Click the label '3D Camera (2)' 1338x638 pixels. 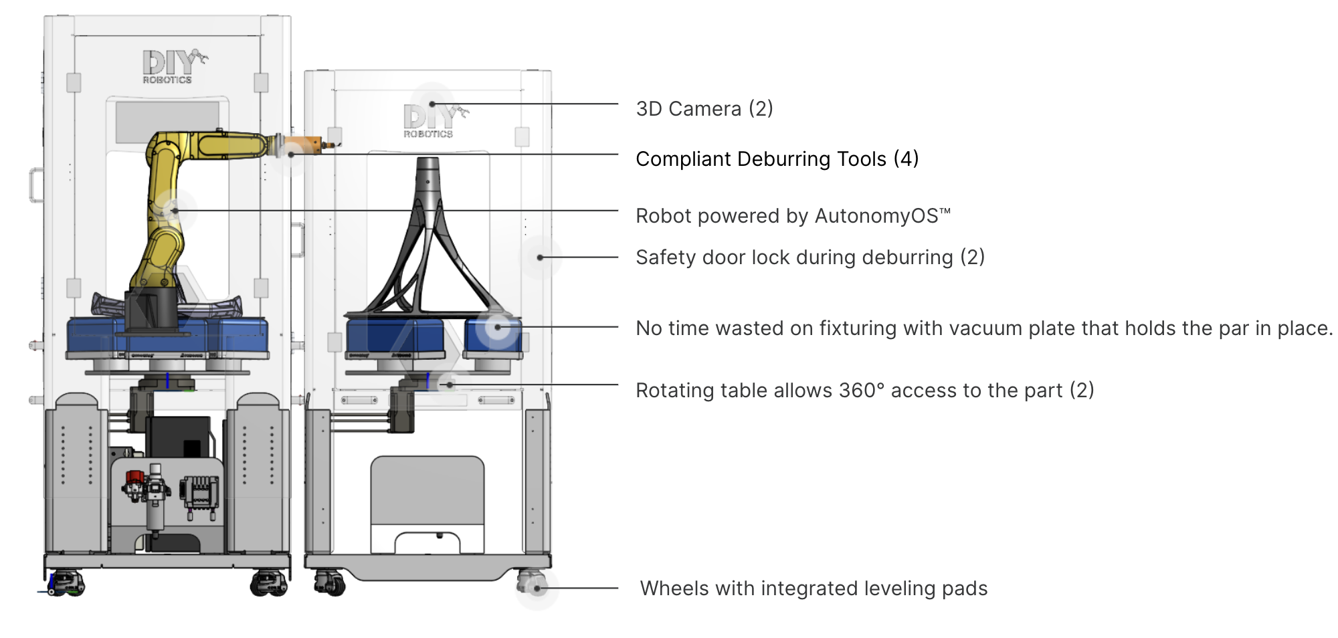pos(704,108)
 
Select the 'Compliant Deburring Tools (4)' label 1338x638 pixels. pos(777,159)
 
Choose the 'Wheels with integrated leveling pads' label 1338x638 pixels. pos(814,589)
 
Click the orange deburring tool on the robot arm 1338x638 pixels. pos(304,145)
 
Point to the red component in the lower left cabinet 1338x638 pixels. pos(135,477)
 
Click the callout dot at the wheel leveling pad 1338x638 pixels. pos(537,589)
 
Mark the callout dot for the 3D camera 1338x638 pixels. pos(432,104)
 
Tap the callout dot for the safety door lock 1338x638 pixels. pos(540,257)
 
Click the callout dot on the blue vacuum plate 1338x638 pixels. pos(498,328)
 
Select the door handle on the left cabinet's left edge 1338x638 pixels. pos(35,185)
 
